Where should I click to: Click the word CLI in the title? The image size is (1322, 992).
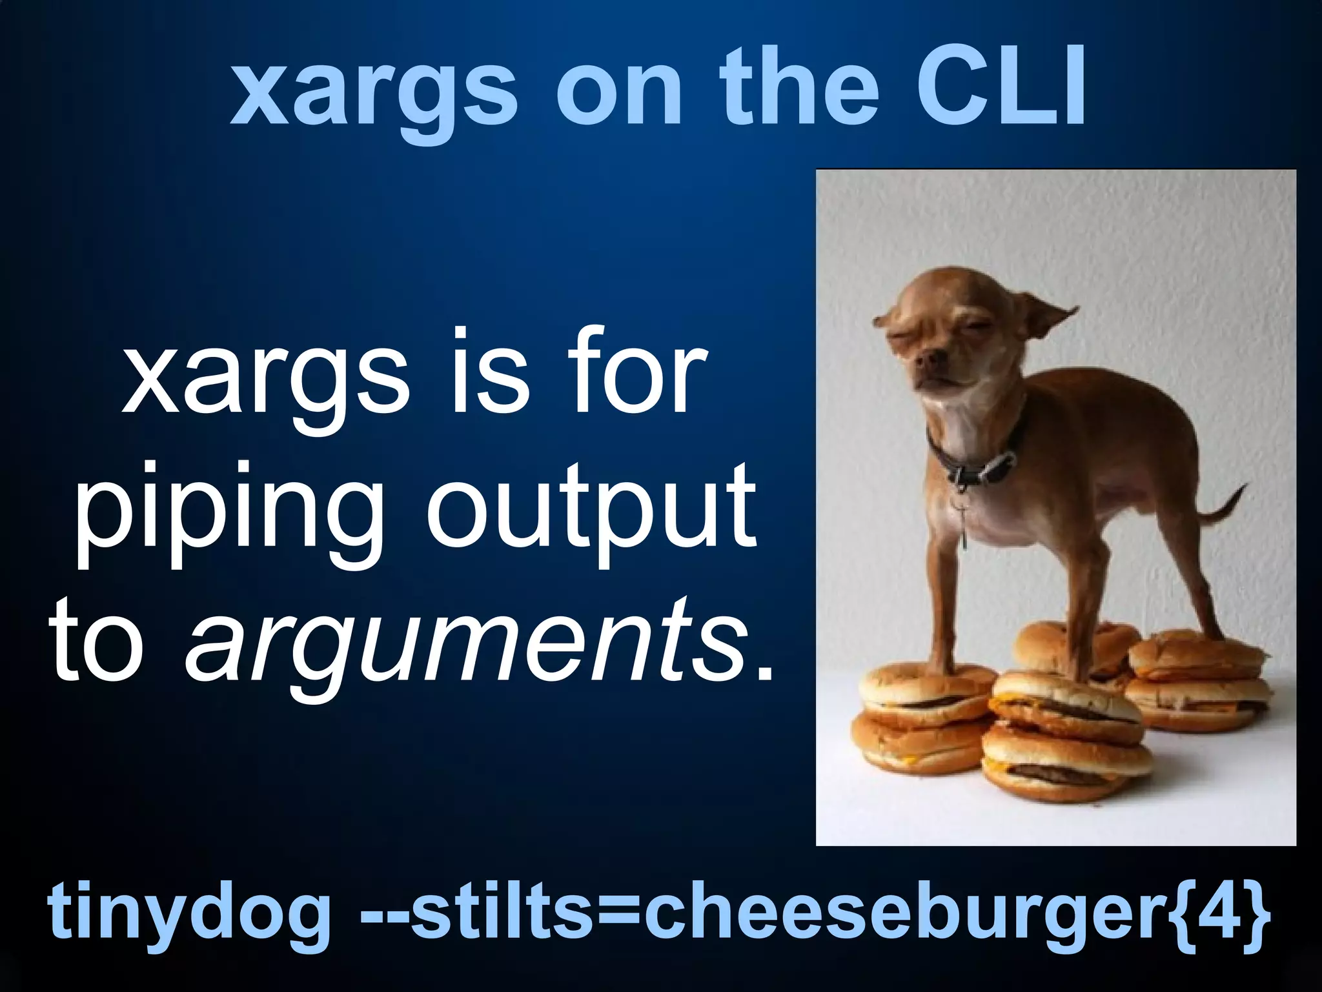click(x=1001, y=89)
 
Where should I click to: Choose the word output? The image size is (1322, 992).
click(x=591, y=510)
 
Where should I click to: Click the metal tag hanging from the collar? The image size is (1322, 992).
click(x=964, y=529)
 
